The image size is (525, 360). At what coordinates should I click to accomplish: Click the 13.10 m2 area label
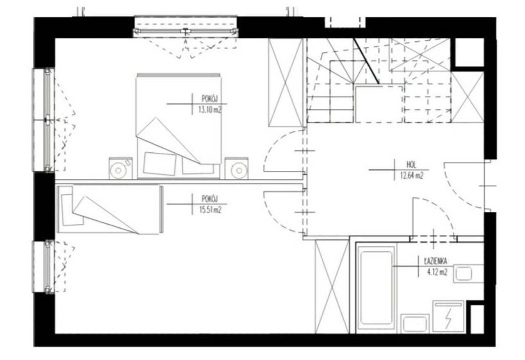(x=210, y=110)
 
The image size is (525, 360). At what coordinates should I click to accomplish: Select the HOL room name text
(x=411, y=165)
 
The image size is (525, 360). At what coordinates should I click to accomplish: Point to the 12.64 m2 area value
(x=412, y=176)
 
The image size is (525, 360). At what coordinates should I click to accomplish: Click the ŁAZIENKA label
(x=436, y=261)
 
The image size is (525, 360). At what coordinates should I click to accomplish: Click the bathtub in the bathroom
(x=376, y=288)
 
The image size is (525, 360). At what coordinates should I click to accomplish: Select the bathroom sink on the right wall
(x=468, y=273)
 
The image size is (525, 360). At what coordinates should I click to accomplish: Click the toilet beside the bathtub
(x=415, y=324)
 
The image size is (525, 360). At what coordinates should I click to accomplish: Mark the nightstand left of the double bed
(x=121, y=168)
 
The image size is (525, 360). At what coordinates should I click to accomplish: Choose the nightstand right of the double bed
(x=237, y=168)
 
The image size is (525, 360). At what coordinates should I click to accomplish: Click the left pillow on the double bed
(x=160, y=164)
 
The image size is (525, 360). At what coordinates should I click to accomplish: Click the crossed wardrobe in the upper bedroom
(x=285, y=83)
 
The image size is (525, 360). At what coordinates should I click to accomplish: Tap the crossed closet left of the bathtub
(x=332, y=287)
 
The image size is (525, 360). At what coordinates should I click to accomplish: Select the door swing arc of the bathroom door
(x=441, y=209)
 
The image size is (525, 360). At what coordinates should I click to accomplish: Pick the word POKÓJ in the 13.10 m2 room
(x=210, y=99)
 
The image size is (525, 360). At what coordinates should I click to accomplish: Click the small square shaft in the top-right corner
(x=470, y=52)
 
